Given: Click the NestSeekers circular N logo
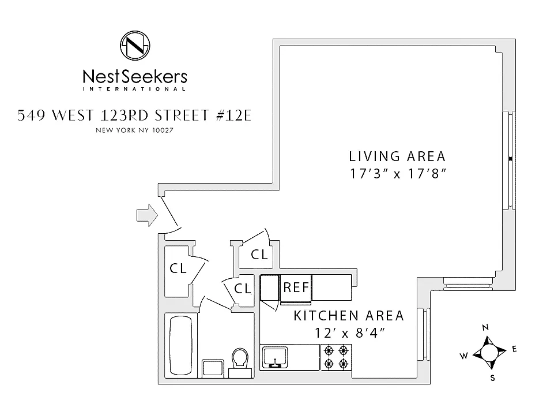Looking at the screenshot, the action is [134, 45].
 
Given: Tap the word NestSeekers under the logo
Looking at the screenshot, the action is [134, 76].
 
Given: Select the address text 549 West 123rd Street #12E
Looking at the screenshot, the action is [134, 115].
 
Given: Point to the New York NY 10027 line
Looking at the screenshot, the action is [134, 130].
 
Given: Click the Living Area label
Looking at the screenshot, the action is [398, 156].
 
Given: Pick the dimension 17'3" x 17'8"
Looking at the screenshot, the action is [398, 173].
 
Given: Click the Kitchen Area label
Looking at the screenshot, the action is [349, 316].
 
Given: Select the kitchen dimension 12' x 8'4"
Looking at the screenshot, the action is [349, 333].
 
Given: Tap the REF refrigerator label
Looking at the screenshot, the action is [296, 287].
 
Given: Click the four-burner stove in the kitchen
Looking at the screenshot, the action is [336, 357].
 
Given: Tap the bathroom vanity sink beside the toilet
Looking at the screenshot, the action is [212, 368].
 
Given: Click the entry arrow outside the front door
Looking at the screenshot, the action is [146, 215].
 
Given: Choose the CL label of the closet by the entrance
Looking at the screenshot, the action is [178, 268].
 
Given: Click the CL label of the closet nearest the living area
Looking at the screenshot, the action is [259, 255].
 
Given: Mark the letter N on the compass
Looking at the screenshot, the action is [485, 327].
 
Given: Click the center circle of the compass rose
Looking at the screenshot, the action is [489, 352].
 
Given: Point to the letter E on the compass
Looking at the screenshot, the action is [514, 349].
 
